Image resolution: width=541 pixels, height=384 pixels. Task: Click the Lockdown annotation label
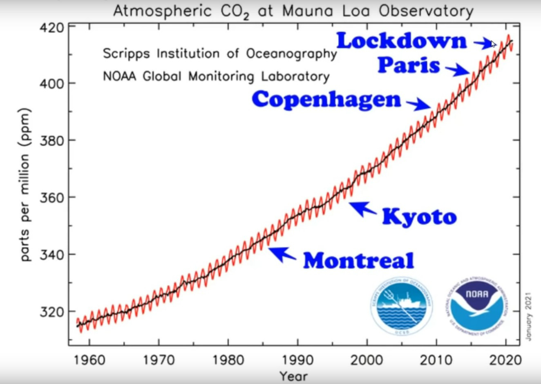tap(401, 41)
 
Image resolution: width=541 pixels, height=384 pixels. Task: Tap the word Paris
tap(409, 65)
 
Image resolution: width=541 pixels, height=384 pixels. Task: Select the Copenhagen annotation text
tap(326, 100)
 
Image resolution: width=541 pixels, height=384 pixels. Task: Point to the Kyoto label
tap(419, 216)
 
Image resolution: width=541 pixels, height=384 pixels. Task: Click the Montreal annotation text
tap(358, 261)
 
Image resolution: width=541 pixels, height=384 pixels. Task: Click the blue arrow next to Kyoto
tap(363, 208)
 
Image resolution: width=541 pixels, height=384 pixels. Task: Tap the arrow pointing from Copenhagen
tap(419, 104)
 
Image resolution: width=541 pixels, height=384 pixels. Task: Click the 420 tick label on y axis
tap(52, 28)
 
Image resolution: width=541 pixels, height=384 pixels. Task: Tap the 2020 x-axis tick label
tap(505, 360)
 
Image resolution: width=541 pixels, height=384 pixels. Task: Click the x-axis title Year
tap(293, 376)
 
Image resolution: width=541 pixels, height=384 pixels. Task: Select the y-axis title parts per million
tap(25, 185)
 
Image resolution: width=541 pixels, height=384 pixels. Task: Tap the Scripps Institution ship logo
tap(402, 306)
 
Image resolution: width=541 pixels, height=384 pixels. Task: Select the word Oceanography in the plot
tap(291, 54)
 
